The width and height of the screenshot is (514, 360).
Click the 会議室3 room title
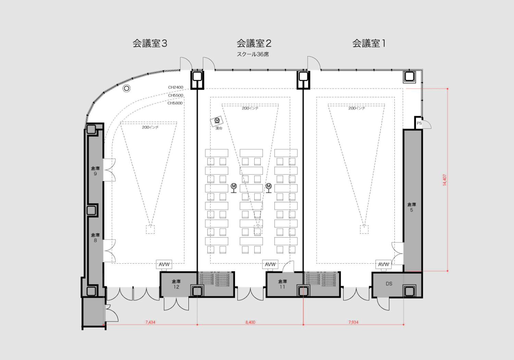[x=150, y=44]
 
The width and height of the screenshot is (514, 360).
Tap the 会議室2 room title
[x=254, y=44]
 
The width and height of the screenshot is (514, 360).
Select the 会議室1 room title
[x=369, y=44]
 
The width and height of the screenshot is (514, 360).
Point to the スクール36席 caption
[x=253, y=55]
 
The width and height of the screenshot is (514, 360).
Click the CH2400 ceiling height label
[x=175, y=87]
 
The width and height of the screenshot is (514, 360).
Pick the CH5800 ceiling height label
[x=175, y=103]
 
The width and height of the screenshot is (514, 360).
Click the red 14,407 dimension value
[x=445, y=180]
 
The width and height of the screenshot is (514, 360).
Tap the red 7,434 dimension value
[x=150, y=322]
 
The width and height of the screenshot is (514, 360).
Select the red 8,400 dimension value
[x=250, y=322]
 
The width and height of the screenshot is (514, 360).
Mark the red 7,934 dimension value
[x=353, y=322]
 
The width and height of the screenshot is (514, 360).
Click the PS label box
[x=419, y=123]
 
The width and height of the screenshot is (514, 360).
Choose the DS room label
[x=389, y=284]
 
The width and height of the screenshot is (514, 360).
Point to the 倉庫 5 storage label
[x=412, y=207]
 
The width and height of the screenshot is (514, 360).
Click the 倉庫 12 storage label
[x=176, y=284]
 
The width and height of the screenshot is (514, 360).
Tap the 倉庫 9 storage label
[x=95, y=171]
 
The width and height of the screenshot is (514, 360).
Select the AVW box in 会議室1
[x=383, y=264]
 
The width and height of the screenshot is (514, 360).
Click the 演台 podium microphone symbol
[x=217, y=120]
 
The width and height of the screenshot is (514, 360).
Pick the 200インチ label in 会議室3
[x=150, y=128]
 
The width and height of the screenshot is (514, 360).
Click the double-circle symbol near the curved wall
[x=126, y=88]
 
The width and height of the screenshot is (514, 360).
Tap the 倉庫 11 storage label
[x=282, y=284]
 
